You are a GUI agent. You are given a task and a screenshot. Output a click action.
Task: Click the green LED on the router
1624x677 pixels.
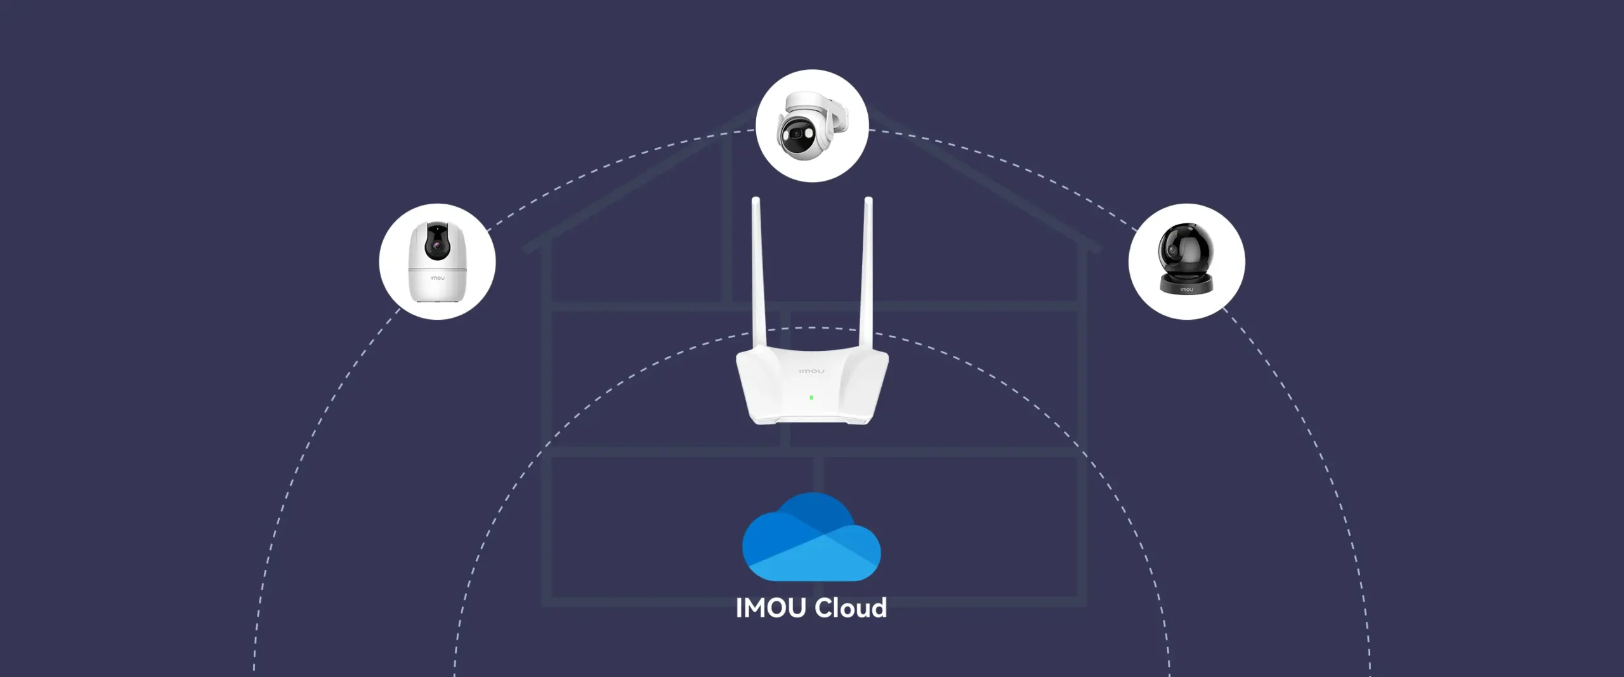point(811,398)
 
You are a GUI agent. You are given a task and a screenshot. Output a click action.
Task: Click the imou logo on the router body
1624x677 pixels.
point(811,371)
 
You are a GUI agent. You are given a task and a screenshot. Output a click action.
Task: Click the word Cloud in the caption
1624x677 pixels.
point(851,608)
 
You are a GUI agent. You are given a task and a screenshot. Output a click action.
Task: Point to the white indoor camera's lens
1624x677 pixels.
point(436,246)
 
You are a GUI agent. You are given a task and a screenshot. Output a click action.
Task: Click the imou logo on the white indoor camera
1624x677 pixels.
point(437,278)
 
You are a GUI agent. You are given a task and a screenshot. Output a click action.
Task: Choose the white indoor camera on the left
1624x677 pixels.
point(437,261)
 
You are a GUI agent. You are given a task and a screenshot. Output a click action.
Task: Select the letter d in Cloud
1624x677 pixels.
point(878,608)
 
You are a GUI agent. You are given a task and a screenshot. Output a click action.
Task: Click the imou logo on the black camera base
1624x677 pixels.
point(1186,289)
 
